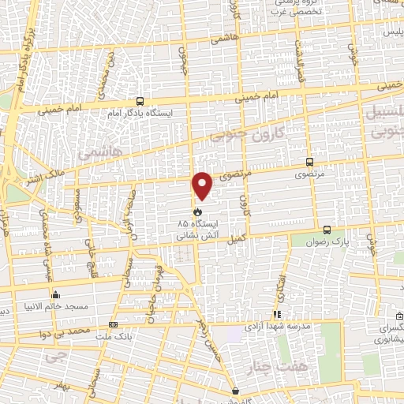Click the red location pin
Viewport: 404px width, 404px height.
click(x=203, y=185)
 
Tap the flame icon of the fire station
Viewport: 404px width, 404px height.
click(x=197, y=211)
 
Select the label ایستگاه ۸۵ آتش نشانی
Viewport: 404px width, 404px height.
click(x=202, y=229)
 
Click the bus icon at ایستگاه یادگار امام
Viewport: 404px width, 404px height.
click(x=140, y=101)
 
